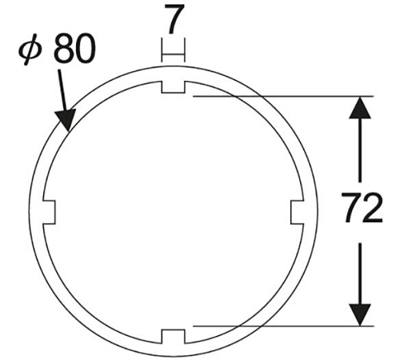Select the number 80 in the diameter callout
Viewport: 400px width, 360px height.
(74, 49)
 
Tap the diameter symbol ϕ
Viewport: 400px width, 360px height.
(30, 50)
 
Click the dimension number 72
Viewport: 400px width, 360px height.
(362, 207)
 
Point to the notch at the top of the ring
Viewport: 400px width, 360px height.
(173, 87)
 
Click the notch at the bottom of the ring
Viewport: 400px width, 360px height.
(173, 337)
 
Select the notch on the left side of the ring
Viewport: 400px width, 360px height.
(49, 212)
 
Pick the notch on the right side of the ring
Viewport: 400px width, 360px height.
(297, 212)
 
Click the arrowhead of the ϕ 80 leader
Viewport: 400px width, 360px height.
(65, 120)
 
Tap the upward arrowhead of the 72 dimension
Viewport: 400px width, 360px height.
(360, 107)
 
